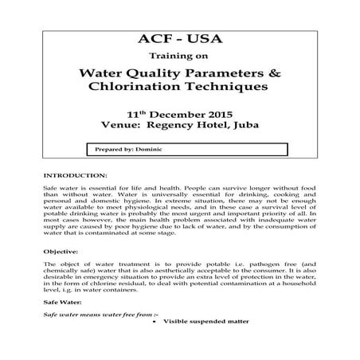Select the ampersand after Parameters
(276, 73)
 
